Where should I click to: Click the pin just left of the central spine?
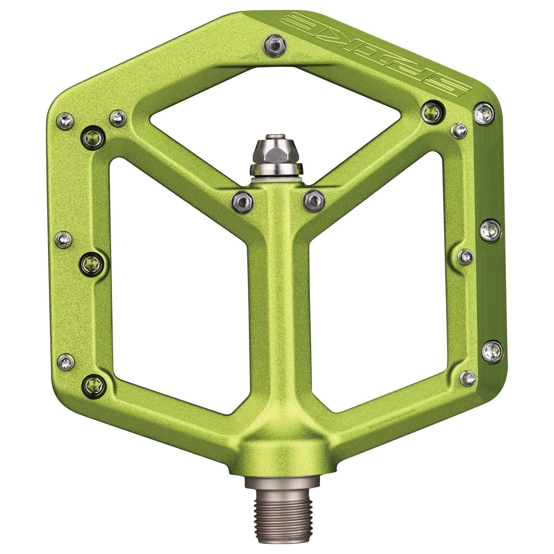(243, 201)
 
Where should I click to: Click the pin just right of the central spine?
(314, 200)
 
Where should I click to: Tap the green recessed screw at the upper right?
(432, 111)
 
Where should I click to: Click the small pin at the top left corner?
(66, 121)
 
